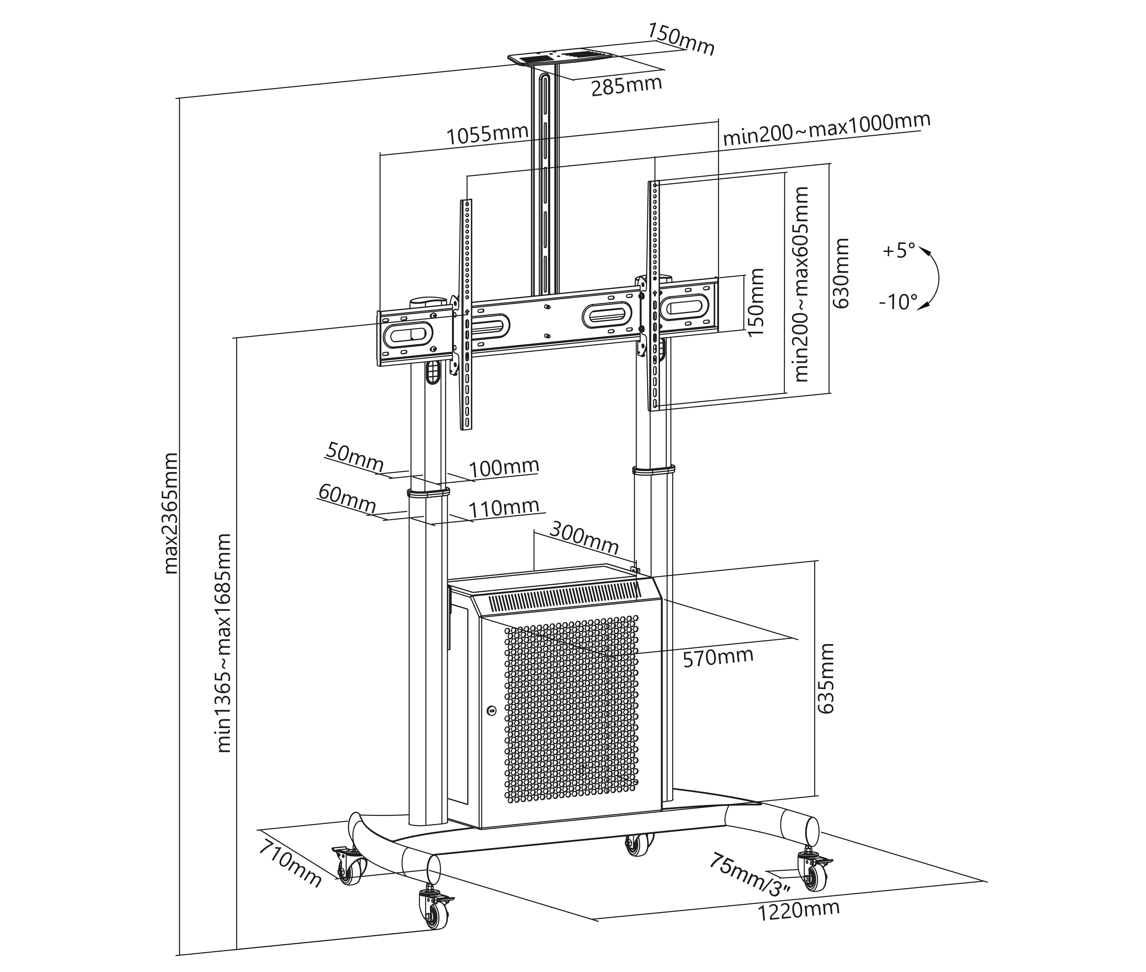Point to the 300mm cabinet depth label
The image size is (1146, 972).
coord(584,537)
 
